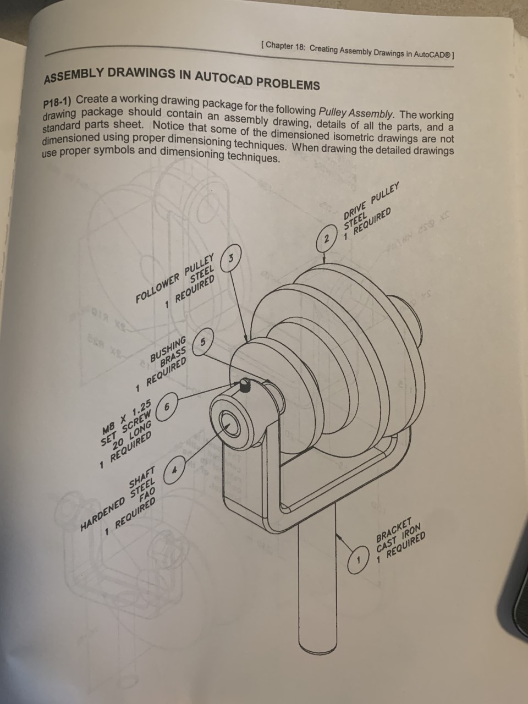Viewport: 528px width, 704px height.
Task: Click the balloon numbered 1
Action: pos(360,562)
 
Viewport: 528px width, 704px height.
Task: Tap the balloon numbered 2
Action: pos(327,239)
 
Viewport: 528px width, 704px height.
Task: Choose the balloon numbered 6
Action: pos(168,407)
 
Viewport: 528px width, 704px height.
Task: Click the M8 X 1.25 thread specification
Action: pos(126,418)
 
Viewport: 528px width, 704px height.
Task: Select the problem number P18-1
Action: pos(57,102)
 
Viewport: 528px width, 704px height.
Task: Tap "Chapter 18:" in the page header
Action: pos(285,46)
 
